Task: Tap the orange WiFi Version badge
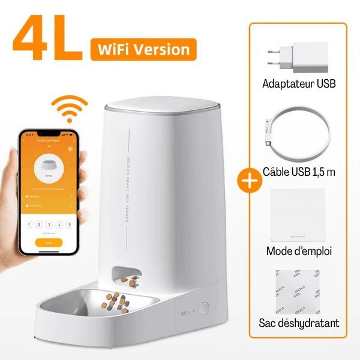(x=143, y=49)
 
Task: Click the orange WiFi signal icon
(x=68, y=109)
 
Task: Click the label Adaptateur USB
(x=299, y=83)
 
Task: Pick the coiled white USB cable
(x=299, y=135)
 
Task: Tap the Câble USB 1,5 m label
(x=299, y=172)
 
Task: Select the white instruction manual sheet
(x=298, y=214)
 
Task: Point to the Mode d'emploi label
(x=299, y=250)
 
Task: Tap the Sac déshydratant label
(x=299, y=323)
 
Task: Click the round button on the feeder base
(x=205, y=309)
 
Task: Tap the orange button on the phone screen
(x=48, y=242)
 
